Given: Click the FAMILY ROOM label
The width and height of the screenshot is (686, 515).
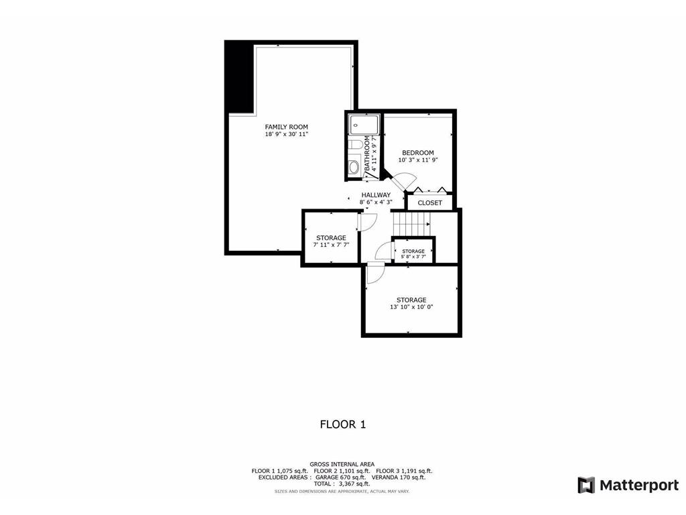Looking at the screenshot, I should coord(286,127).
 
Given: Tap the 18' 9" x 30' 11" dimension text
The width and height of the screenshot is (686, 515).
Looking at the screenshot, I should coord(286,134).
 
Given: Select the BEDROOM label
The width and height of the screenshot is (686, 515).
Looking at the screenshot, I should coord(417,153).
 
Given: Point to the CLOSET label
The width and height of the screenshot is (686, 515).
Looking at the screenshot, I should coord(429,203).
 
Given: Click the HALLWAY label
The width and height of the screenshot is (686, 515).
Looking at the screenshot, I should coord(376,195).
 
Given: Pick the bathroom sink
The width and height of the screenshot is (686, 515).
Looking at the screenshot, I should coord(354,167).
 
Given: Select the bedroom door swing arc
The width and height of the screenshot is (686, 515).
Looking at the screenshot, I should coord(402,182).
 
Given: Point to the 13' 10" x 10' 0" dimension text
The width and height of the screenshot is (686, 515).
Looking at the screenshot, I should coord(411,307).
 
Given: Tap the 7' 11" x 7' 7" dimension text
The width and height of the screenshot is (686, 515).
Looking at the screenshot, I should coord(331,245).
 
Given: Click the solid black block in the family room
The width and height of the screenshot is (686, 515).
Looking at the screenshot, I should coord(239,77).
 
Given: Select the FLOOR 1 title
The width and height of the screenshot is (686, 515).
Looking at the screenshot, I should coord(342,424).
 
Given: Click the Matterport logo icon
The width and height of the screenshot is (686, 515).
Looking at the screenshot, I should coord(586,485).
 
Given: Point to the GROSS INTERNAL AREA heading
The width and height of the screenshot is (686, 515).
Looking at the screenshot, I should coord(342,464).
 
